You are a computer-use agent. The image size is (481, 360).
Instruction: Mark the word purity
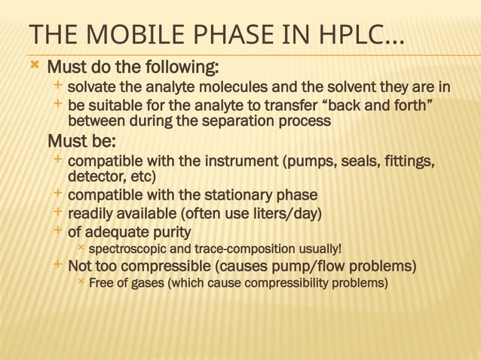pos(167,231)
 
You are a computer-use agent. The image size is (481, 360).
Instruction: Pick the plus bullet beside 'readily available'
pos(59,213)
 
